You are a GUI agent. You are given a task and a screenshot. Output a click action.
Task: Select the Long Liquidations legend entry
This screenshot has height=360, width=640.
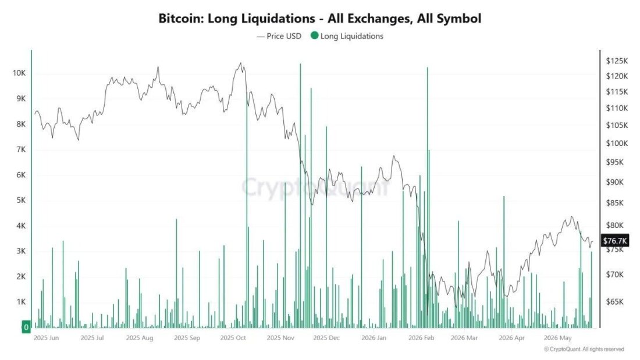click(347, 36)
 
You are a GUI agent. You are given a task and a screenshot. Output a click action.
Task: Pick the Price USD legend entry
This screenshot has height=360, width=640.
click(279, 36)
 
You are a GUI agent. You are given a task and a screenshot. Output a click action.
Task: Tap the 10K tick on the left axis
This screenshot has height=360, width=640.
click(19, 73)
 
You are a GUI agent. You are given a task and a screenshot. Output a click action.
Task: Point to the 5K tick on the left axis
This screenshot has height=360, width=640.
click(21, 200)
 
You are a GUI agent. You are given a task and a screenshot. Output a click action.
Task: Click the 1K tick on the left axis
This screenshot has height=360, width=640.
click(21, 302)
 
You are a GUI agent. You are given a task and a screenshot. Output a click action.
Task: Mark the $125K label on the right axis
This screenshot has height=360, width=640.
click(617, 61)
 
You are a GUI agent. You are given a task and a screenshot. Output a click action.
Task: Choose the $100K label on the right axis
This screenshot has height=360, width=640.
click(617, 143)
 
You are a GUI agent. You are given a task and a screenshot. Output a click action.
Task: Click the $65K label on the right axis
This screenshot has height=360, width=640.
click(615, 302)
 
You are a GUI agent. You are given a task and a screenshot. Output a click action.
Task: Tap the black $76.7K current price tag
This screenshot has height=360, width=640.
click(615, 241)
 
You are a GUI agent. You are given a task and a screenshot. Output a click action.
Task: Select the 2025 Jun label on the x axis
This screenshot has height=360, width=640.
click(46, 337)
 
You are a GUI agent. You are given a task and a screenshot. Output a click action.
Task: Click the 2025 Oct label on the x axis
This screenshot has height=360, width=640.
click(233, 337)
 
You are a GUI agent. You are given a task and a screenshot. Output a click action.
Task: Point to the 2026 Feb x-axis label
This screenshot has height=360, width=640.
click(421, 337)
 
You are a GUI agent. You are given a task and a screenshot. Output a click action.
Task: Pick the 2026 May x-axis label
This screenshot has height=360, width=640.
click(558, 337)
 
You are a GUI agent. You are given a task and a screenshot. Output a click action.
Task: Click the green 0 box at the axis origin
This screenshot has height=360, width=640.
click(26, 326)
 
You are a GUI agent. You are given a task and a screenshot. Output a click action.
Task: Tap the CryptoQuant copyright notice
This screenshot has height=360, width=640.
click(584, 349)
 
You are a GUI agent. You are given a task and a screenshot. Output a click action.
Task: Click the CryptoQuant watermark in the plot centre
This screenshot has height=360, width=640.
click(315, 187)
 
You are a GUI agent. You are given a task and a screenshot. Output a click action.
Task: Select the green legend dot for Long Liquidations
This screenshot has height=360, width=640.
click(314, 35)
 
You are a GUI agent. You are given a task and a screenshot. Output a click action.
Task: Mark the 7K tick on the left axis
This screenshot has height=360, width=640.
click(21, 149)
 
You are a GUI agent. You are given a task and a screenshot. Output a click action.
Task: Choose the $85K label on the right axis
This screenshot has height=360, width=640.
click(615, 202)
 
